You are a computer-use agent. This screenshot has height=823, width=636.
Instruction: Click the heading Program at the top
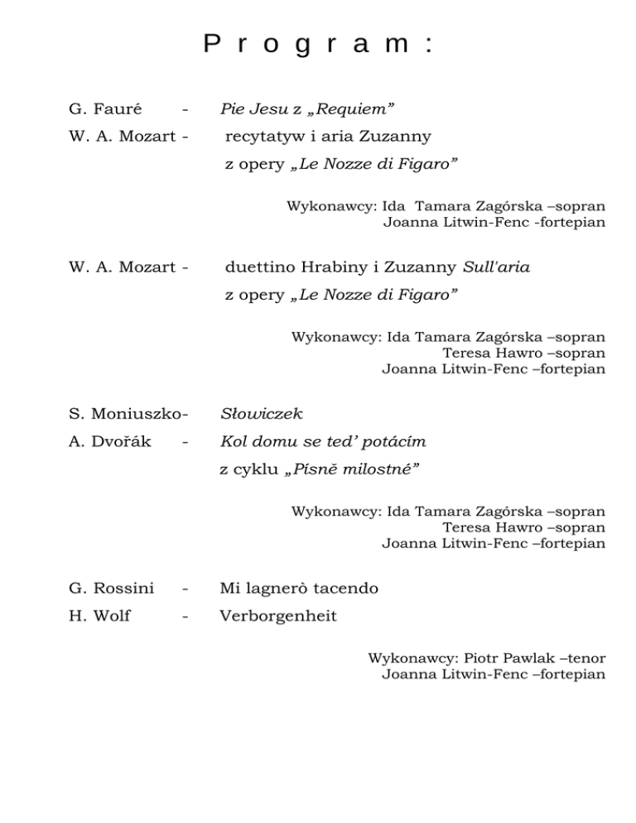tap(318, 44)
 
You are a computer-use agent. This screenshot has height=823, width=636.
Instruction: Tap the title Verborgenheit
tap(277, 617)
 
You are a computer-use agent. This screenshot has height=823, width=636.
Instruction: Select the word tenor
tap(583, 658)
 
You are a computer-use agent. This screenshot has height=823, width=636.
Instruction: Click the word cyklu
tap(253, 469)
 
